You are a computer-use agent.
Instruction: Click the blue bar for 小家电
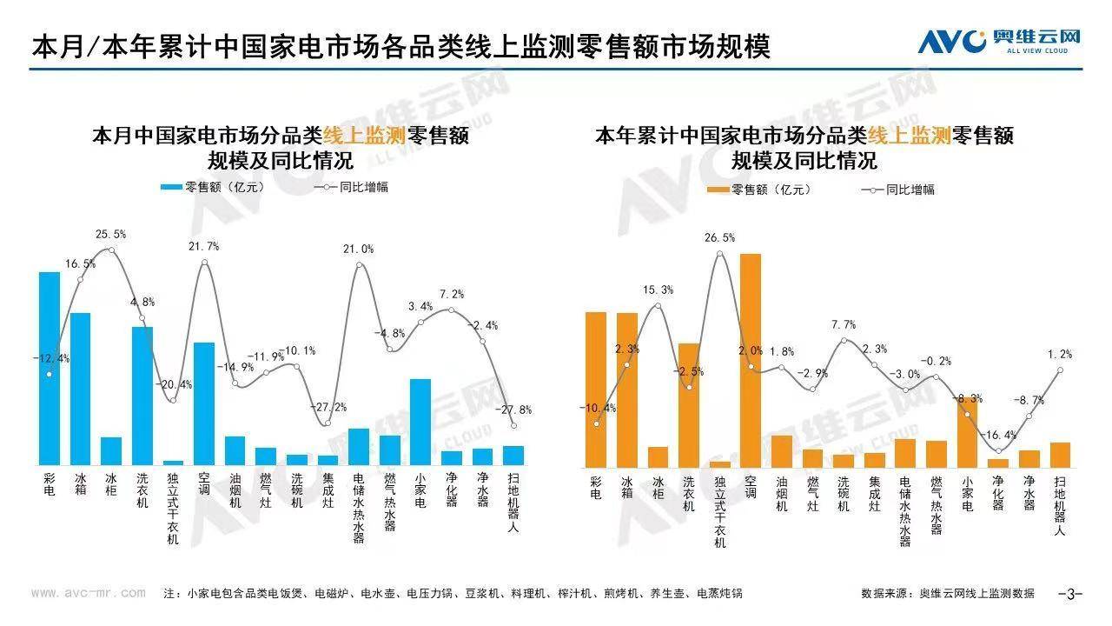pyautogui.click(x=420, y=422)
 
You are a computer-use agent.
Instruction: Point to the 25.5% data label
pyautogui.click(x=110, y=234)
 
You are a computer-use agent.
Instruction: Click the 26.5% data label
pyautogui.click(x=718, y=237)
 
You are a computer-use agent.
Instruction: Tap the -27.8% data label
pyautogui.click(x=513, y=410)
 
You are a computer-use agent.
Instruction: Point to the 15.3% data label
pyautogui.click(x=658, y=290)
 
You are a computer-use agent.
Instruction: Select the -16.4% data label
pyautogui.click(x=998, y=435)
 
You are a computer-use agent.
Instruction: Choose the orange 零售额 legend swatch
pyautogui.click(x=718, y=190)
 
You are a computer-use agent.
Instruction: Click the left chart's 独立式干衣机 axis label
pyautogui.click(x=173, y=509)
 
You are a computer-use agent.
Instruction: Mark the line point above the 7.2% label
pyautogui.click(x=452, y=310)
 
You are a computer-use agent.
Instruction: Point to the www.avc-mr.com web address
pyautogui.click(x=89, y=593)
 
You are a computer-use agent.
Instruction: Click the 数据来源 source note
pyautogui.click(x=948, y=594)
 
